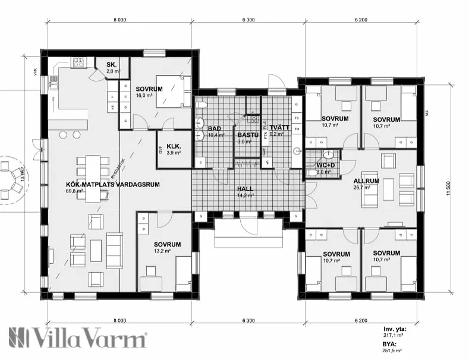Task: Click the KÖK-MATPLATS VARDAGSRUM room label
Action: [114, 184]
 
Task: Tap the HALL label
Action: [245, 188]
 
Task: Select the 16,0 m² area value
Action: [144, 95]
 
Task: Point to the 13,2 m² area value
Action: [162, 251]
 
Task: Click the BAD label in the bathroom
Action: [215, 128]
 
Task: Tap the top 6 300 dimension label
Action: [248, 20]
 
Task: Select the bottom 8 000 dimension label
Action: [119, 321]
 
